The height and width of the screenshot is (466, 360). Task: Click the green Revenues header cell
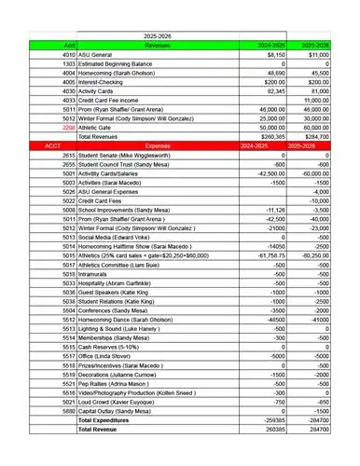coord(156,43)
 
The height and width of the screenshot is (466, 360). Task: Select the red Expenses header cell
coord(158,147)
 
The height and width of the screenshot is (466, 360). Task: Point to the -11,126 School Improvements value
coord(273,210)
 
